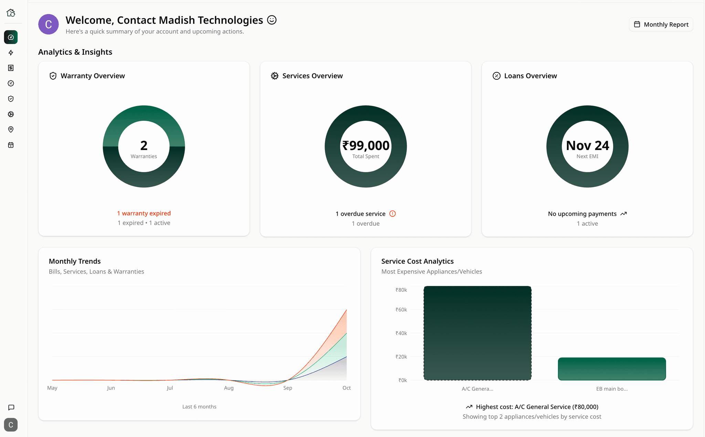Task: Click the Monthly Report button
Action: point(661,24)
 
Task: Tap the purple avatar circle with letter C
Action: point(48,24)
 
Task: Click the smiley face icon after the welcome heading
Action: point(272,20)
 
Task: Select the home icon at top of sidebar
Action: point(11,13)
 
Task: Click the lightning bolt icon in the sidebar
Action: point(11,53)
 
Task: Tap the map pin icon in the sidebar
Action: point(11,129)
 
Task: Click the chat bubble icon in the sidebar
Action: point(11,407)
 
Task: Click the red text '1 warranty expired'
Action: point(144,213)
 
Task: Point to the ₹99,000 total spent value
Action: point(366,146)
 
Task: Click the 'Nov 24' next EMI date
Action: point(587,146)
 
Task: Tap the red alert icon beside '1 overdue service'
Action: point(392,214)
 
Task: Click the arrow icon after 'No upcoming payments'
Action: point(623,214)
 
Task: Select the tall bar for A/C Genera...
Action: point(477,333)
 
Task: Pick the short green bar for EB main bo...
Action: point(612,369)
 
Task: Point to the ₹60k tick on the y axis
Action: point(401,310)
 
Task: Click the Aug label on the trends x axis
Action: point(229,388)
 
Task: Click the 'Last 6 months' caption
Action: point(199,407)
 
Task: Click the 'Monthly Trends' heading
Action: point(75,261)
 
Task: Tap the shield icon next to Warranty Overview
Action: point(53,76)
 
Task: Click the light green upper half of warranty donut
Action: point(144,113)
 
